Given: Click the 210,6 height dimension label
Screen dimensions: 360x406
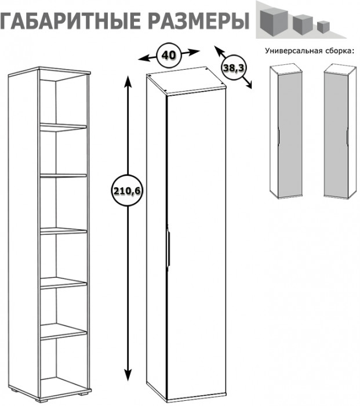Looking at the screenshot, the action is click(x=127, y=191).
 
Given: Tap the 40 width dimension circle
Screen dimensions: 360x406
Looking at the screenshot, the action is click(x=169, y=55).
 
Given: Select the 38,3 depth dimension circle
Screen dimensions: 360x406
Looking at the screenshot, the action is click(x=234, y=68).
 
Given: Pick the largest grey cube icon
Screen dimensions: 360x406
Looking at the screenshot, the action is click(x=274, y=20).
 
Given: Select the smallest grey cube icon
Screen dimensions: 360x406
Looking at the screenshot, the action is click(x=323, y=27).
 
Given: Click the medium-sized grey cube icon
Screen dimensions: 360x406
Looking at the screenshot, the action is click(x=303, y=24).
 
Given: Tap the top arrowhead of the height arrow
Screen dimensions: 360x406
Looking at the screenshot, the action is click(x=128, y=80).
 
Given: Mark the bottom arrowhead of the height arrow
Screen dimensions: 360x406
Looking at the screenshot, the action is click(x=128, y=375).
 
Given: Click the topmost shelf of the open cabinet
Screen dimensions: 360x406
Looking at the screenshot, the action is click(x=63, y=126).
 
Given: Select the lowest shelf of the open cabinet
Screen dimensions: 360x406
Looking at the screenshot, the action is click(x=63, y=331).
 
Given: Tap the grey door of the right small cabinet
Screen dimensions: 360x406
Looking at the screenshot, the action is click(x=336, y=135).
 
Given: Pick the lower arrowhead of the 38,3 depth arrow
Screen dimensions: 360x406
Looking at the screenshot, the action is click(x=248, y=85).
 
